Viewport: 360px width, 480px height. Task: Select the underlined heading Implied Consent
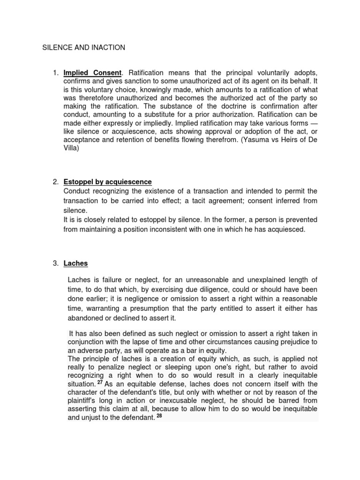pyautogui.click(x=92, y=73)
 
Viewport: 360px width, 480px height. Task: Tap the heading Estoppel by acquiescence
pyautogui.click(x=107, y=182)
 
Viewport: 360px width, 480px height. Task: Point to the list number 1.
pyautogui.click(x=55, y=73)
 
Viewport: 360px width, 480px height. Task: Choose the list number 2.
pyautogui.click(x=55, y=182)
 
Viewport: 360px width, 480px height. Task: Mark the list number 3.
pyautogui.click(x=55, y=263)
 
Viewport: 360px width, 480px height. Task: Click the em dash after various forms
pyautogui.click(x=313, y=123)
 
